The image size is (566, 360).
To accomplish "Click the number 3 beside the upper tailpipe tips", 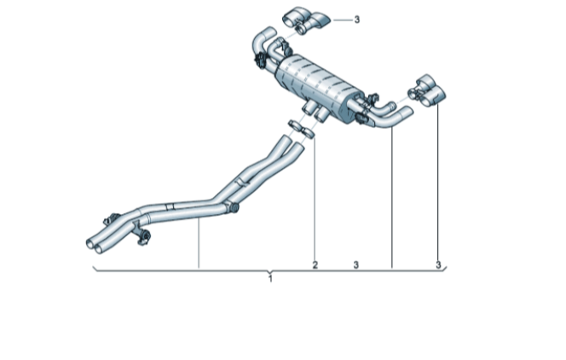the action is click(x=356, y=20).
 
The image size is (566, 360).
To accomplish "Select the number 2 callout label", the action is click(x=315, y=265).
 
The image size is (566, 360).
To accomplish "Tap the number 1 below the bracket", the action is click(x=270, y=279).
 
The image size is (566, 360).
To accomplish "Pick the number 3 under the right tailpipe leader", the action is click(x=438, y=265).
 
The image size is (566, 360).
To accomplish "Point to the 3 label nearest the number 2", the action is click(x=356, y=265).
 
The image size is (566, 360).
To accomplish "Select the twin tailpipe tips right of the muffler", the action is click(x=427, y=90).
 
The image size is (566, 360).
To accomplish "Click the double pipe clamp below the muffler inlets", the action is click(x=302, y=130).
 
